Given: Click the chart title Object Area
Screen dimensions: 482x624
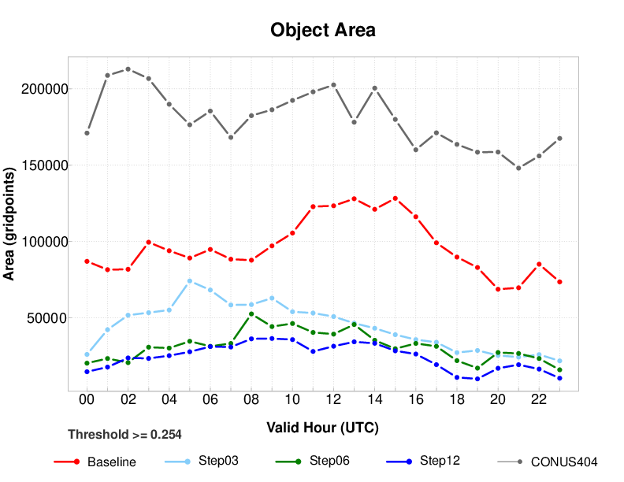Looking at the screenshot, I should pos(322,31).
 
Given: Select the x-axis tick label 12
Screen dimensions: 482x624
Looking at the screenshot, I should pos(333,400).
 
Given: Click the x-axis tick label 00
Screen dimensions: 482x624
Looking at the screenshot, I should pos(87,400).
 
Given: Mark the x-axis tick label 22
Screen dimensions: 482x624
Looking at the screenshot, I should pos(539,400).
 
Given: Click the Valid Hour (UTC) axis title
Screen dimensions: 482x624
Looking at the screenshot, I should pos(322,428).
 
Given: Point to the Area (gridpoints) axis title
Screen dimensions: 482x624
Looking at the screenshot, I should pos(10,224).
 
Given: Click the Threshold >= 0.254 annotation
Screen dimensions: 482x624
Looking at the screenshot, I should pos(124,434).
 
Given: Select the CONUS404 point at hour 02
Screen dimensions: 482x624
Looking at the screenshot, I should pos(128,69).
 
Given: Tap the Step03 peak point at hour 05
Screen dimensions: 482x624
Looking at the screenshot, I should pos(190,280).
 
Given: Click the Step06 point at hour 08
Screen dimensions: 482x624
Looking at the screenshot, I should pos(251,313).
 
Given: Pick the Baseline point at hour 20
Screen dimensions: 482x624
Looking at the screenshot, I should pos(498,289).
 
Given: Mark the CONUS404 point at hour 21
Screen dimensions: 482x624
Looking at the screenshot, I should pos(518,168).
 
